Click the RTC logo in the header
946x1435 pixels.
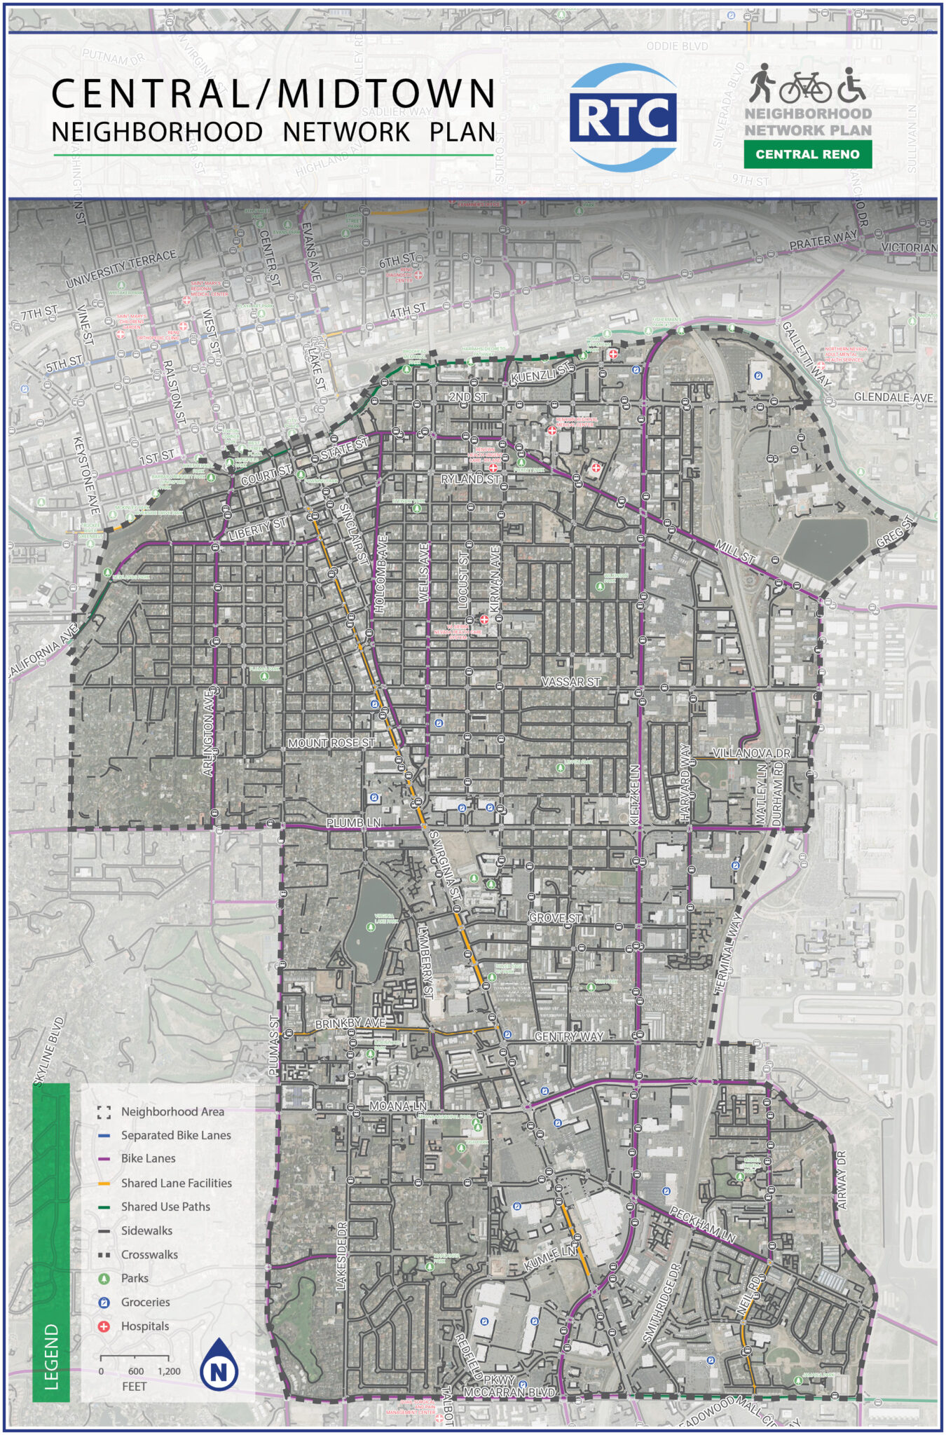click(623, 118)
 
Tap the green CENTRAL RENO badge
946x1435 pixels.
click(807, 154)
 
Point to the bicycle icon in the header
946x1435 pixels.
click(805, 87)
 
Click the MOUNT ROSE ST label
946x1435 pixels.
click(331, 743)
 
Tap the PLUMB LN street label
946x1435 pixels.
click(354, 823)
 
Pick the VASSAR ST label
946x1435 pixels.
click(571, 682)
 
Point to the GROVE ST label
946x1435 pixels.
click(555, 918)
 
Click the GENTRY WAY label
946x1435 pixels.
click(568, 1036)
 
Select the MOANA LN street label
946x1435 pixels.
click(398, 1106)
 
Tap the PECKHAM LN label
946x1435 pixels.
click(703, 1225)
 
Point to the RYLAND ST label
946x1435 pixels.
click(471, 479)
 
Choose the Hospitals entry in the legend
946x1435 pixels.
click(144, 1326)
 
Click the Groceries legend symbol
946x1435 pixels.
click(104, 1302)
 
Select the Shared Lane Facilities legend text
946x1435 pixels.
click(176, 1183)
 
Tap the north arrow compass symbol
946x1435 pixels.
click(219, 1364)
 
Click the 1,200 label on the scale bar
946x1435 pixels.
click(169, 1371)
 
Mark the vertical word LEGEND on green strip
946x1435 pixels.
click(52, 1357)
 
